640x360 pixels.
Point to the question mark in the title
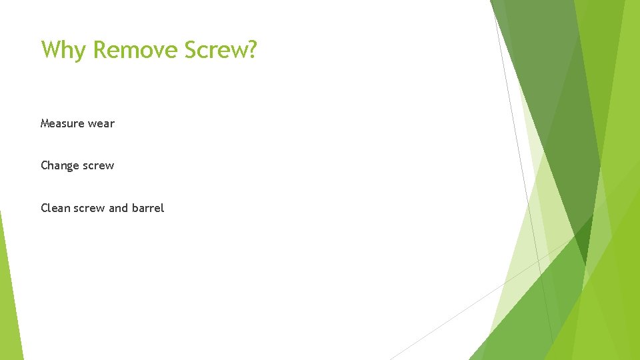(x=251, y=49)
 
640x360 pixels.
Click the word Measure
(x=59, y=123)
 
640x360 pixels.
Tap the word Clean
(x=53, y=208)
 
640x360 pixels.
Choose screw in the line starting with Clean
(x=87, y=208)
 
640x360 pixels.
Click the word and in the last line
(x=118, y=208)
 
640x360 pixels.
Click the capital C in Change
(x=44, y=165)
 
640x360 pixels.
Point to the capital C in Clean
(x=44, y=208)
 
